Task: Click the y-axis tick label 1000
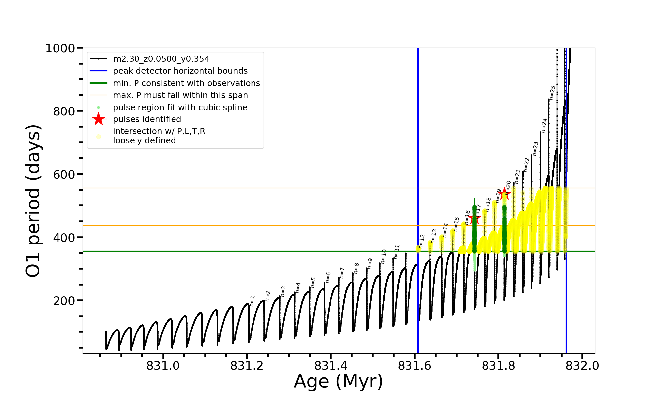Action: pos(60,48)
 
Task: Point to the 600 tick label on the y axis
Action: pos(64,174)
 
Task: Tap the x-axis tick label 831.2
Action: pos(247,366)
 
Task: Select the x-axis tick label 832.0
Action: pos(582,366)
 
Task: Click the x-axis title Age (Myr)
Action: pos(338,381)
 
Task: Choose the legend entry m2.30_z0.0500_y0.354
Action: pos(161,59)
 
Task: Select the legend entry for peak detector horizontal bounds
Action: pos(180,71)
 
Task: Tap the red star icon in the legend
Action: pos(98,119)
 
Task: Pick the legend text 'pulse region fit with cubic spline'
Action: pos(180,108)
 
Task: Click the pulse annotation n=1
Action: pos(253,301)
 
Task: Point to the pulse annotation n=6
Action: pos(328,278)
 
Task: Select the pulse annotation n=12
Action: pos(422,241)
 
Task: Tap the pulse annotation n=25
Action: pos(553,93)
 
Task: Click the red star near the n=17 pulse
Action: pos(475,218)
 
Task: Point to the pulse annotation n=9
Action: pos(370,264)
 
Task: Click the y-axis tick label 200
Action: pos(64,301)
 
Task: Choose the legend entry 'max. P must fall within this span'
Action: pos(180,95)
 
